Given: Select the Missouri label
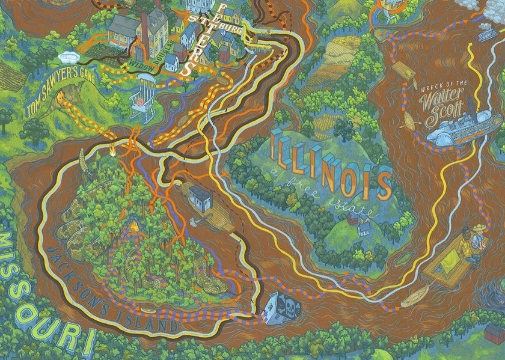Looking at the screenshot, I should tap(42, 288).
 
